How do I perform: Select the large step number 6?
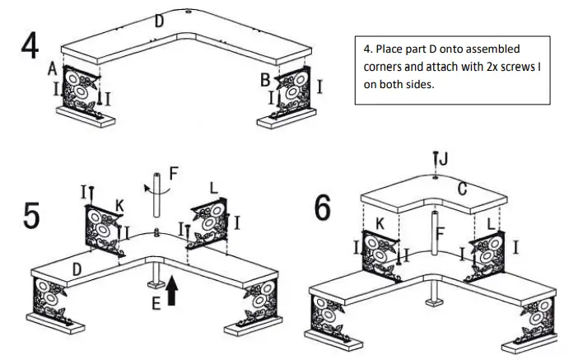[324, 208]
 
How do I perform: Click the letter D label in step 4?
[159, 21]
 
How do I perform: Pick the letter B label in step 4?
[265, 79]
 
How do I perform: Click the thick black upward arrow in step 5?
[172, 291]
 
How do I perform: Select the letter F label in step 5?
[172, 174]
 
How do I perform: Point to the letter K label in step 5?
[119, 203]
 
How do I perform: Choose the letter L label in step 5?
[214, 189]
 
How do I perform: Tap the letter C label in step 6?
[462, 189]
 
